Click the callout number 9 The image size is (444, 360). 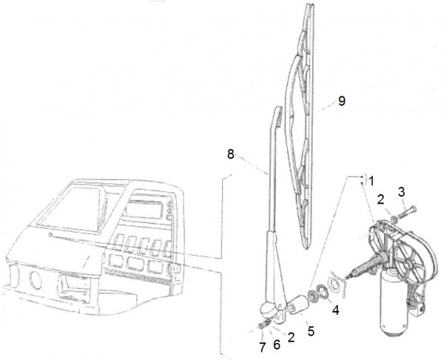pos(342,101)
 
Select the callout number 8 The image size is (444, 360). pos(231,154)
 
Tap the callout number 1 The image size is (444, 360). pos(371,181)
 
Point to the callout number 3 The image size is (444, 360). pos(401,192)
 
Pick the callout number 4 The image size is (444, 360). pos(335,310)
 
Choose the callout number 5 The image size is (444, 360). pos(311,331)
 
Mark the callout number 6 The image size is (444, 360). pos(277,344)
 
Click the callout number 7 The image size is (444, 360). pos(263,347)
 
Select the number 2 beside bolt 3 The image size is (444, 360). pos(380,199)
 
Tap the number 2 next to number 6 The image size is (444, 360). pos(291,337)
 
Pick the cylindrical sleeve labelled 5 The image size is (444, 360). pos(297,304)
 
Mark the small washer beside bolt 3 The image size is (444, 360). pos(394,219)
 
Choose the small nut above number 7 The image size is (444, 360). pos(263,325)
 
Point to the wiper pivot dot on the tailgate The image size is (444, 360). pos(50,235)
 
